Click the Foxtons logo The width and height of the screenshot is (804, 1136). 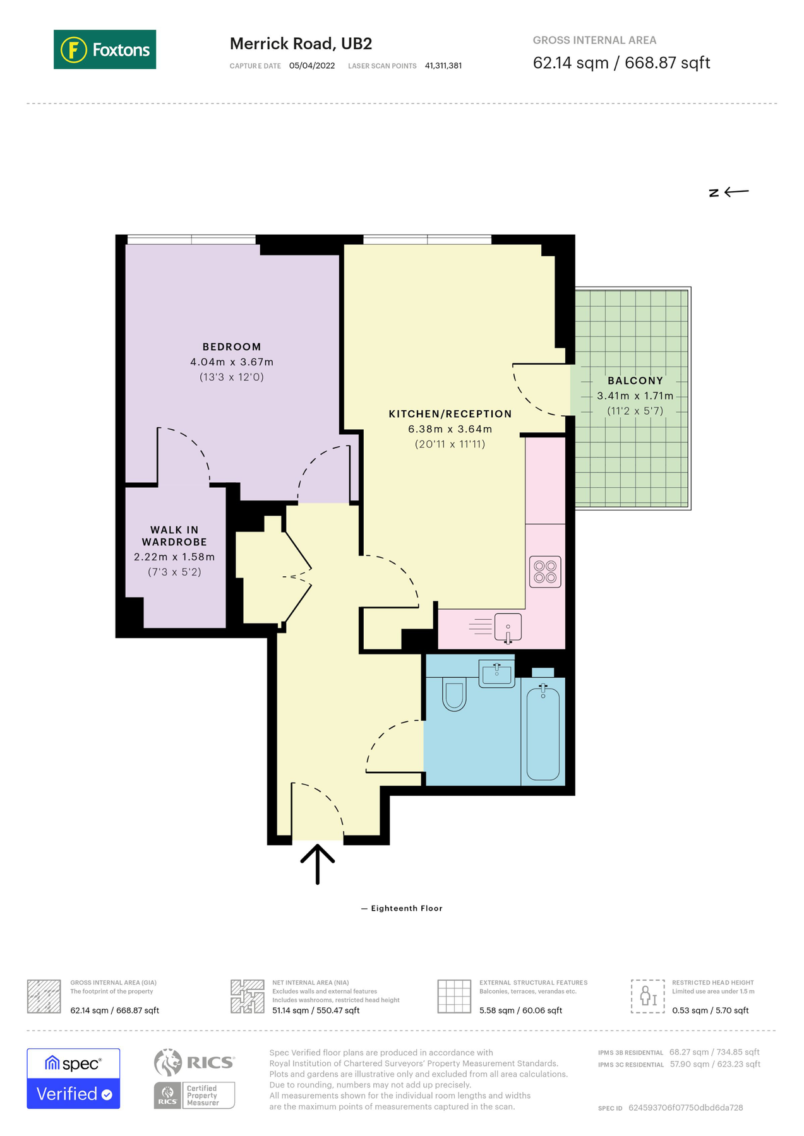pos(105,49)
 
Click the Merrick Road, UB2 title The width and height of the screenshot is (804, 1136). pos(301,44)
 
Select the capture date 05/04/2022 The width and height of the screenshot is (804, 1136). pos(312,66)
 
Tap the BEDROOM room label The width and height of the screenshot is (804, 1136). pos(231,346)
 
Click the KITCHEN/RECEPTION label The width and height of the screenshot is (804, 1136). pos(450,414)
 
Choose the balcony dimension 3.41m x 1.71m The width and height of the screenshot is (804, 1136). pos(635,396)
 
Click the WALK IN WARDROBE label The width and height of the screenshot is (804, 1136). pos(174,536)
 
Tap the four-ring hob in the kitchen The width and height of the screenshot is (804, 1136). pos(545,572)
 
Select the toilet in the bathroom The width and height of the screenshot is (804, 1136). pos(453,694)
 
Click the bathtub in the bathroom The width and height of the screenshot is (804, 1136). pos(543,734)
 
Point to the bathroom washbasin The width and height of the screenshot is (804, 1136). pos(497,674)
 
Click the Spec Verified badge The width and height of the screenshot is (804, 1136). pos(73,1078)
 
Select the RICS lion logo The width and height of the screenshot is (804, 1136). pos(168,1062)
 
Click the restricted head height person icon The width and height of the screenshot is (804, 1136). pos(647,997)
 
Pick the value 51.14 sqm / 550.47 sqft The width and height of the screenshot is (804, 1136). pos(316,1010)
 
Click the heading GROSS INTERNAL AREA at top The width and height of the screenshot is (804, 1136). pos(594,40)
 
